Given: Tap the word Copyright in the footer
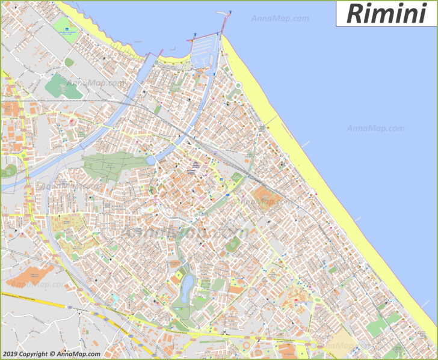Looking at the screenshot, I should click(34, 354).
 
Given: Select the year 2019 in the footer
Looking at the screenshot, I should click(10, 354).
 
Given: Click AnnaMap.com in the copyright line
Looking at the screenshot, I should click(78, 354).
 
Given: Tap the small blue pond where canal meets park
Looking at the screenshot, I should click(150, 160).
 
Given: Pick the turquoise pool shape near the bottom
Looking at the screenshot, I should click(114, 298).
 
